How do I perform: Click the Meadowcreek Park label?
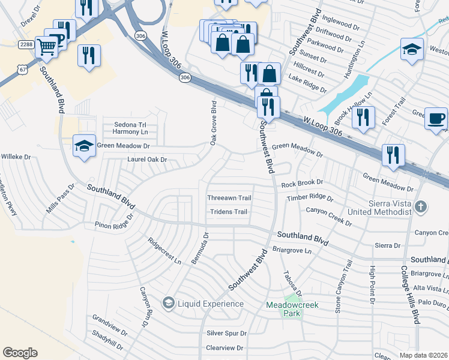coord(292,310)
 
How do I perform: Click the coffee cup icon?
coord(436,118)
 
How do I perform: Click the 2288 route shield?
coord(26,44)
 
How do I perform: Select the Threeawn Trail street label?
coord(229,197)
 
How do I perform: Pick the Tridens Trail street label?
coord(228,212)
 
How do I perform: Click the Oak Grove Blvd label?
coord(213,123)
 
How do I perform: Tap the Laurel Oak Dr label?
coord(146,160)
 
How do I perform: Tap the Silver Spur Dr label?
coord(227,333)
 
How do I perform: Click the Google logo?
coord(20,353)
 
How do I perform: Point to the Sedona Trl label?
coord(131,125)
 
